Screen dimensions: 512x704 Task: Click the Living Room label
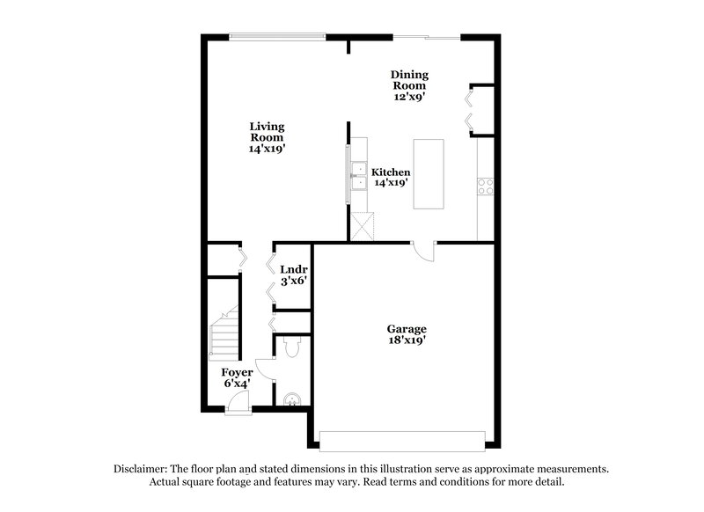click(x=266, y=138)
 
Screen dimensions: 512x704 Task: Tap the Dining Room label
click(x=409, y=86)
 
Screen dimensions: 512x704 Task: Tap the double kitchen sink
click(x=360, y=176)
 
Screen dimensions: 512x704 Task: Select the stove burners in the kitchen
click(x=485, y=187)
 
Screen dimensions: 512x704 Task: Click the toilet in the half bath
click(x=291, y=349)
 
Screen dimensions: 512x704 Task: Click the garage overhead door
click(x=402, y=438)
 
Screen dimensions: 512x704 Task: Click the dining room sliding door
click(x=425, y=36)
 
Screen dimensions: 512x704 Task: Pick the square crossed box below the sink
click(x=362, y=226)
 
